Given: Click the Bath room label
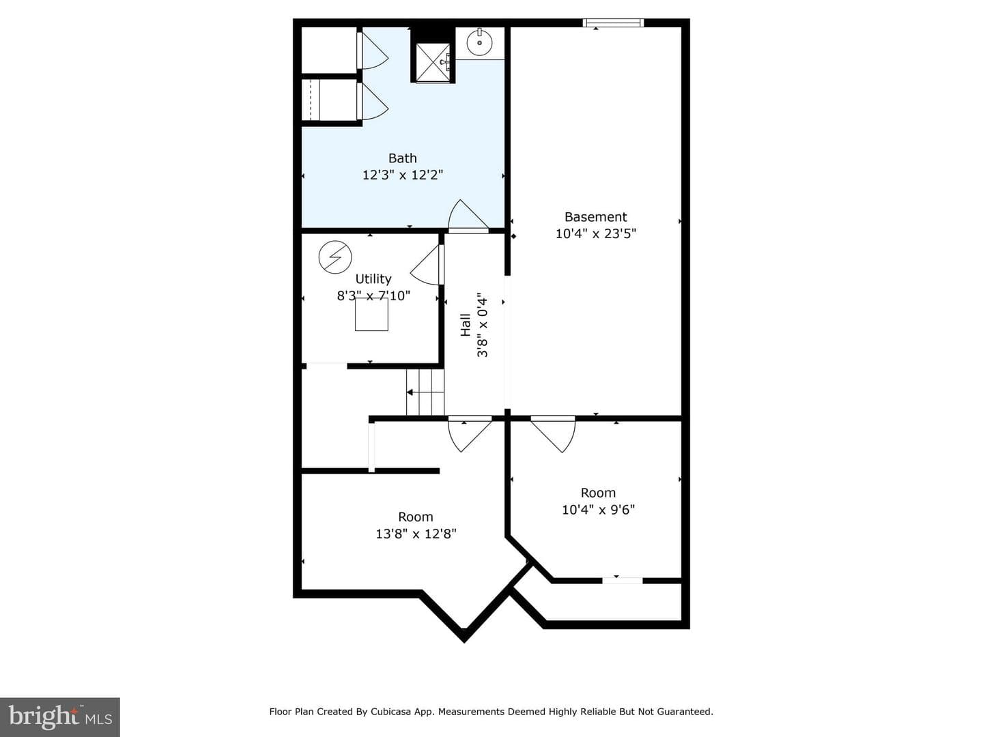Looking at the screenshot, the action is tap(402, 158).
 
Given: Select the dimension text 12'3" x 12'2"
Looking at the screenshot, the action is tap(402, 175).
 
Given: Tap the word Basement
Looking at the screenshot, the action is tap(596, 217).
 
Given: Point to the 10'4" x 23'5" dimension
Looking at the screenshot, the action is tap(596, 233).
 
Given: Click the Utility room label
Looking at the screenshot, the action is tap(373, 279).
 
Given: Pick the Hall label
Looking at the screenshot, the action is tap(466, 325).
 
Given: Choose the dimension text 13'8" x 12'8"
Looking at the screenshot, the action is tap(416, 534).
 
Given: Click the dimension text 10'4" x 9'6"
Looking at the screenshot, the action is tap(598, 510).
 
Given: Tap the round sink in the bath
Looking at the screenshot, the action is tap(480, 43).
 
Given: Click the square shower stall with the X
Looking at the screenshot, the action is tap(433, 63).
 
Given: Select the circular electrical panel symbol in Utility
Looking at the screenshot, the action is tap(335, 257).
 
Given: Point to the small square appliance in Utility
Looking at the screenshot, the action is tap(372, 314).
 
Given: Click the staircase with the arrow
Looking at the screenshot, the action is tap(425, 392).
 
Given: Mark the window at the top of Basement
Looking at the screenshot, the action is tap(613, 23).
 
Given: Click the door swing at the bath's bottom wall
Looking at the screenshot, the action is tap(468, 216).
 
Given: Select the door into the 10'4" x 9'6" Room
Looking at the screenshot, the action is tap(553, 434).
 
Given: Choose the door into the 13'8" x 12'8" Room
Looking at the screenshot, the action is tap(470, 433).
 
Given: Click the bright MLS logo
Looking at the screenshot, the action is tap(60, 717).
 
